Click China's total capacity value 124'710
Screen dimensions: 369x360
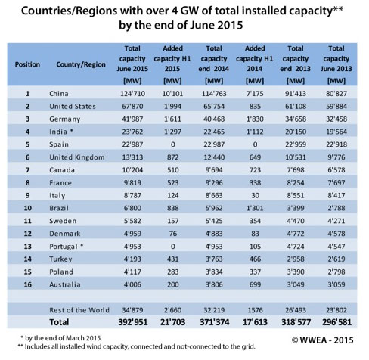pos(132,94)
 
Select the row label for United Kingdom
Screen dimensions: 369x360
pos(77,157)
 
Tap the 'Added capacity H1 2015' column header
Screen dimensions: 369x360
pos(172,64)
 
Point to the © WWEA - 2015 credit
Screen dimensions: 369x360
pos(322,340)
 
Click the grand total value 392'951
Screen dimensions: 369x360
pos(133,322)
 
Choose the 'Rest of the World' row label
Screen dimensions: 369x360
pos(79,310)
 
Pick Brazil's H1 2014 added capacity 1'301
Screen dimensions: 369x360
pos(255,208)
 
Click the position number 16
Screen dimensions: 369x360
pos(27,284)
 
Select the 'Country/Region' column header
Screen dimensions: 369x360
pos(81,64)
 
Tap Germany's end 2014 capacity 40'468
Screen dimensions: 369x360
pos(214,119)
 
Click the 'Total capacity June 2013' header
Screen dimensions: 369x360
pos(336,64)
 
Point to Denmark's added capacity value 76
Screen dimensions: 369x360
pos(172,234)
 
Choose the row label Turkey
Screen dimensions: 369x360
pos(60,259)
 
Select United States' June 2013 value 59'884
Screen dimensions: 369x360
pos(336,107)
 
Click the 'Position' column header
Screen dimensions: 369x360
pos(27,64)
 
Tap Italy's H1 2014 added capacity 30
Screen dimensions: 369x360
pos(255,195)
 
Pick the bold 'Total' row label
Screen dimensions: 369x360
pos(59,322)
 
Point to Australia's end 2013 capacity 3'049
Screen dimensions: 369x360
pos(296,284)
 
